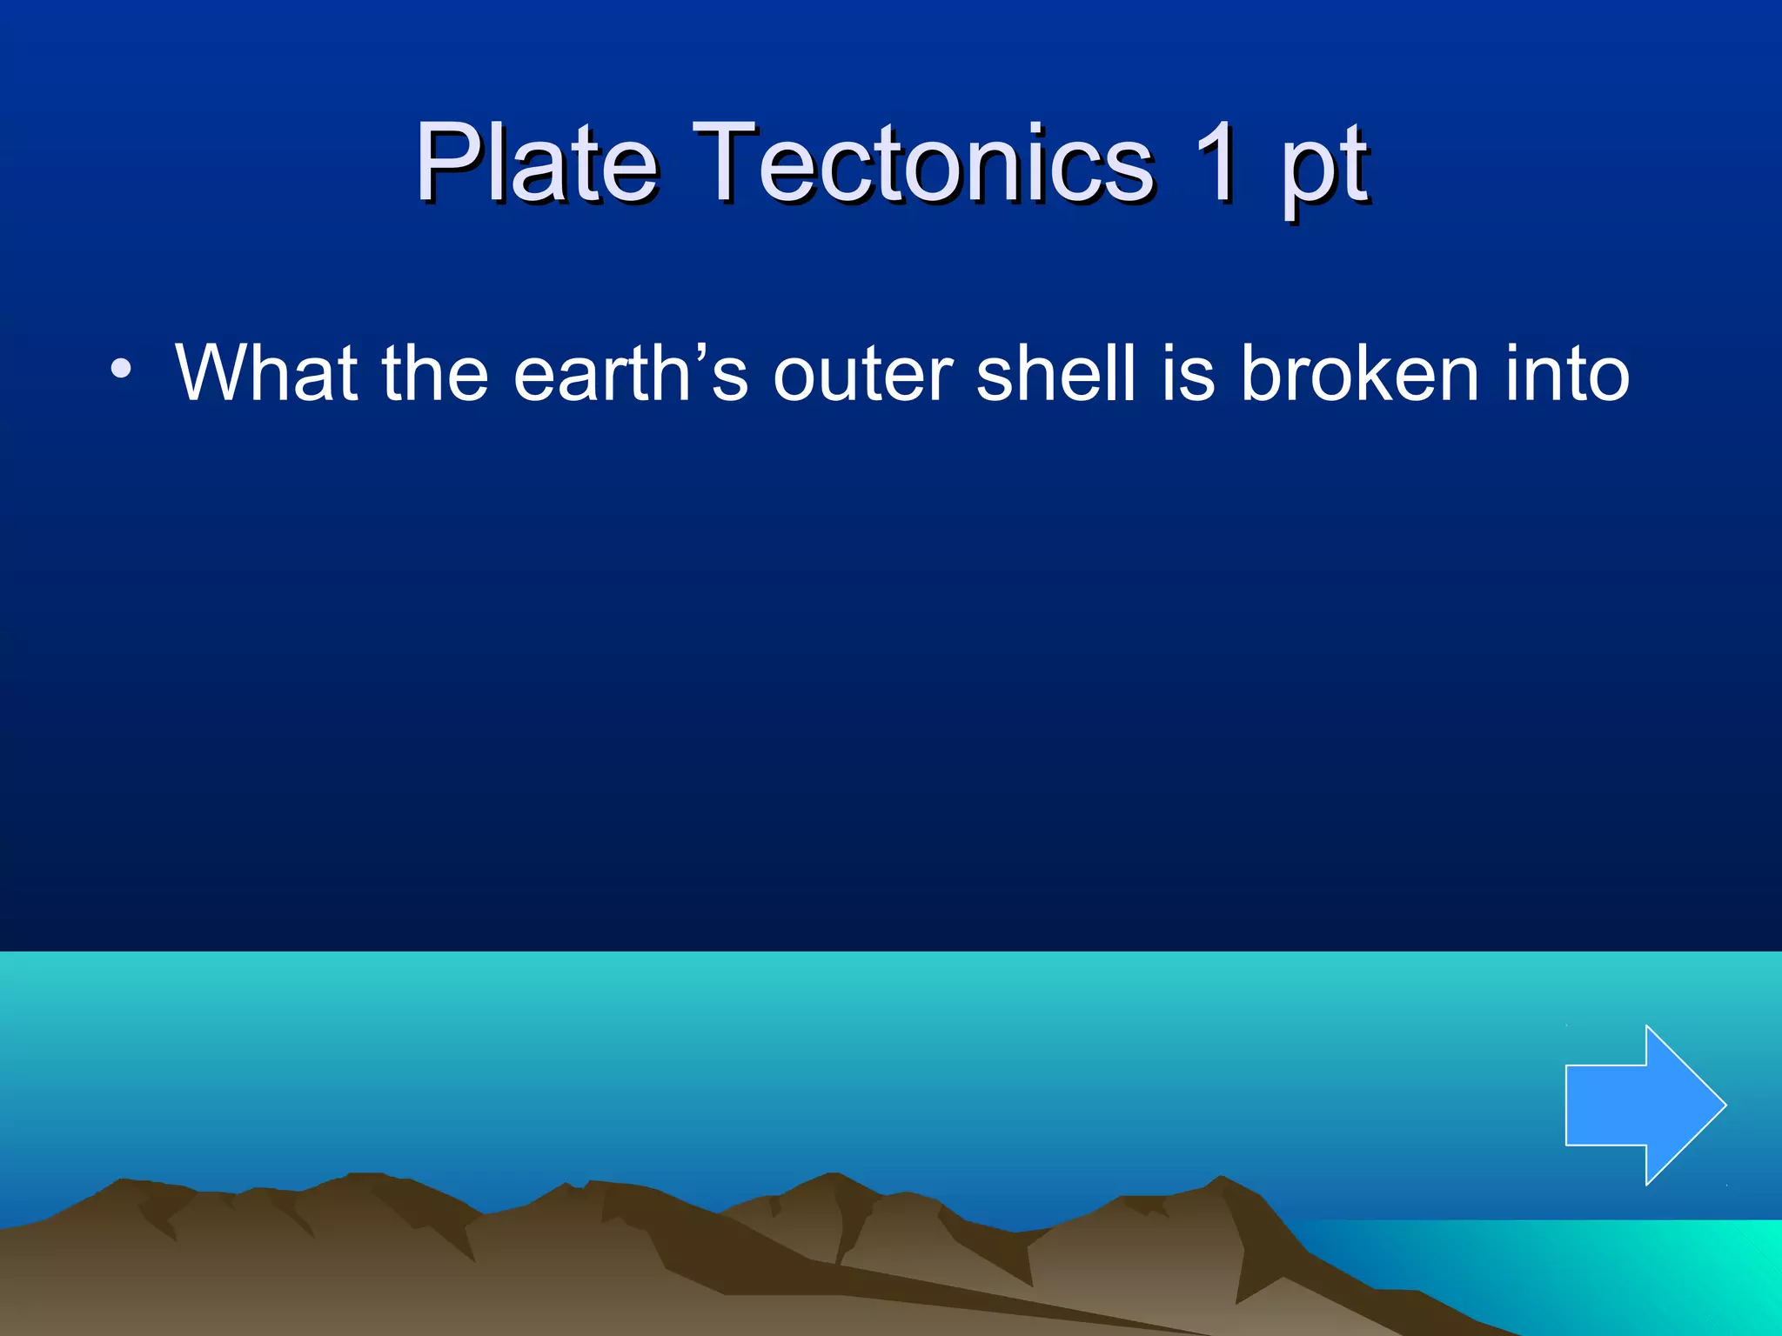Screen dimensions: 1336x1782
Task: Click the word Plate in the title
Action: pos(536,163)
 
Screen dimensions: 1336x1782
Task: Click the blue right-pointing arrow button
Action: pos(1636,1105)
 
